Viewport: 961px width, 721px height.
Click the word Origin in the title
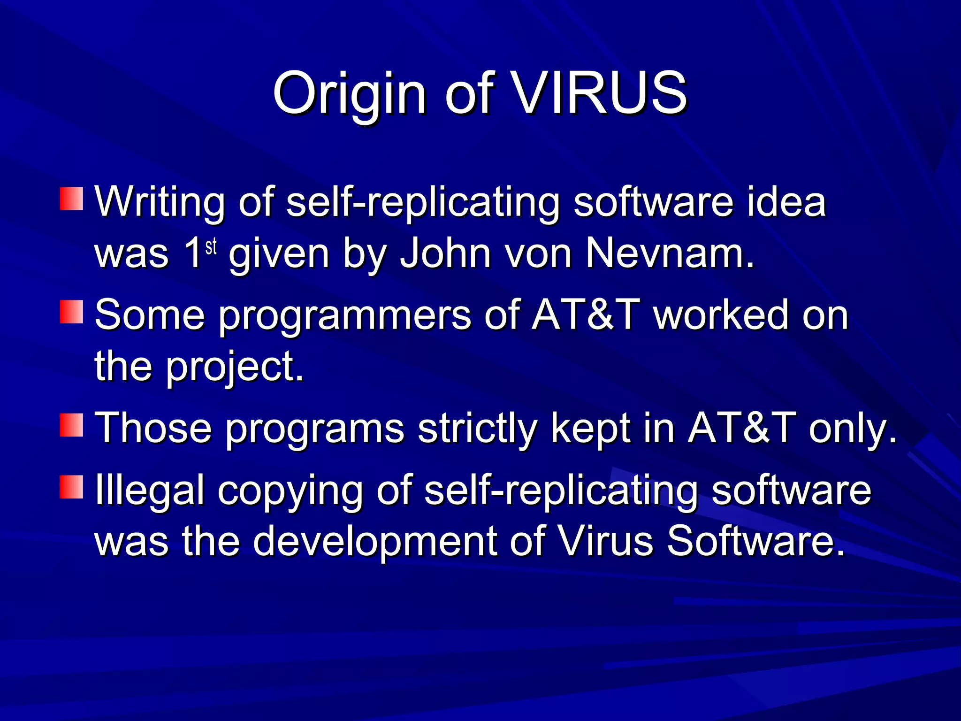[350, 94]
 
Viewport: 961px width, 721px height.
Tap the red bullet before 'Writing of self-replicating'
[72, 199]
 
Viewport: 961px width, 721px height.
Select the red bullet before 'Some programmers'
[72, 312]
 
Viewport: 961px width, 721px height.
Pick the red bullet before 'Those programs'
[72, 425]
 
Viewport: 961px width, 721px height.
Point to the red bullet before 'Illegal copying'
[72, 487]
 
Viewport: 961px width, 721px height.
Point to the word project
[235, 367]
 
